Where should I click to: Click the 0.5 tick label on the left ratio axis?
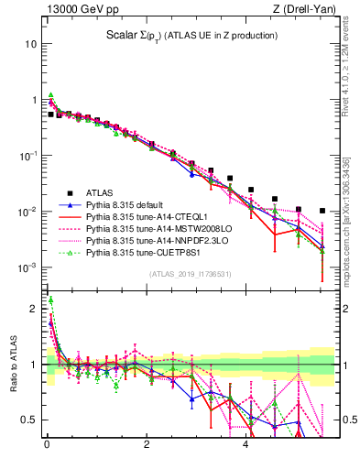point(29,420)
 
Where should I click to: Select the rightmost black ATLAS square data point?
point(322,211)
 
